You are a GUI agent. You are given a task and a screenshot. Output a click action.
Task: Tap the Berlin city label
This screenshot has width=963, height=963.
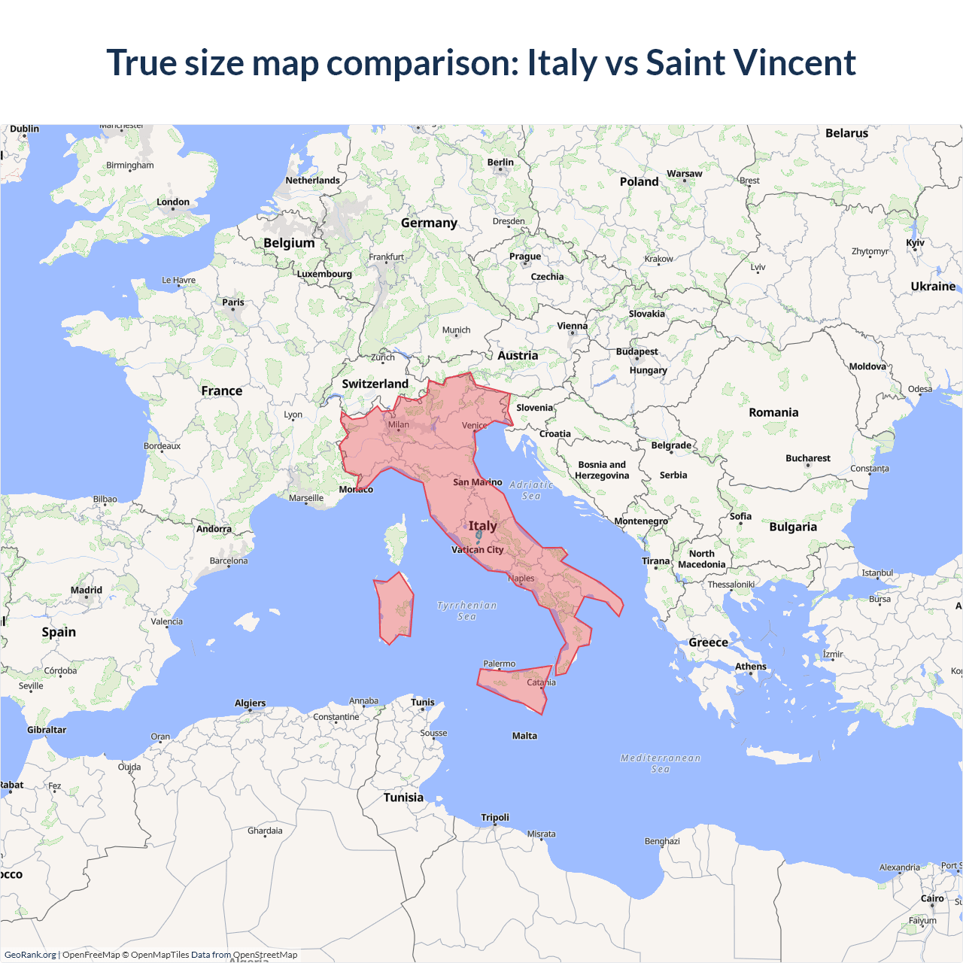point(500,162)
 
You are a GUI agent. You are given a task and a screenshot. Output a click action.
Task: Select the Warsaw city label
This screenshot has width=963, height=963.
point(684,174)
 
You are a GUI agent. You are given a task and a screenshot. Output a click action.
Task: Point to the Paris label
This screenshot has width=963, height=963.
point(233,302)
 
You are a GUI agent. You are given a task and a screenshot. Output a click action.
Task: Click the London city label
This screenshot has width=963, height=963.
point(173,202)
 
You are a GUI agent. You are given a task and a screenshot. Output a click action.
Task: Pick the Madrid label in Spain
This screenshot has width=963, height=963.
point(87,590)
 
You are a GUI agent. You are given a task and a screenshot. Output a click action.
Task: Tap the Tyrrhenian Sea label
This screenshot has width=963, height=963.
point(466,610)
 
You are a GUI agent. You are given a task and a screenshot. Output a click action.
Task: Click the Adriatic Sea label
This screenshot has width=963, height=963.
point(531,491)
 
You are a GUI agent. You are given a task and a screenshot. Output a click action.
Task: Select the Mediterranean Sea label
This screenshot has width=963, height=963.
point(661,763)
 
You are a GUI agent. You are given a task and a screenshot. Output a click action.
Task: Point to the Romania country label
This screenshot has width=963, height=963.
point(773,412)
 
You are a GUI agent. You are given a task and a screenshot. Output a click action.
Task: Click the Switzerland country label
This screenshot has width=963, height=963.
point(375,384)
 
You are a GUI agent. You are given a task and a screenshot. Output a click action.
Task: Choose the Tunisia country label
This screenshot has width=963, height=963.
point(403,797)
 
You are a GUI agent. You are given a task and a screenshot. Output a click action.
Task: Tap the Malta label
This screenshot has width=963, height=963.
point(524,736)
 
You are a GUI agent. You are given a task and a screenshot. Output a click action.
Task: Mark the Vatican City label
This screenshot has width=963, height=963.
point(477,549)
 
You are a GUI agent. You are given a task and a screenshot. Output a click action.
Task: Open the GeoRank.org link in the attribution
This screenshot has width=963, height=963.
point(30,955)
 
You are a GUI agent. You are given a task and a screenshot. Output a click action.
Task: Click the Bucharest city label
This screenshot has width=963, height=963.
point(807,458)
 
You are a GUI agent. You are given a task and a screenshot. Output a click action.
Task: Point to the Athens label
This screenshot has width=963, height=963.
point(750,667)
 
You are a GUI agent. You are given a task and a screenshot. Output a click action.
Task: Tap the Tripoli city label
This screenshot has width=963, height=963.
point(495,818)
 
